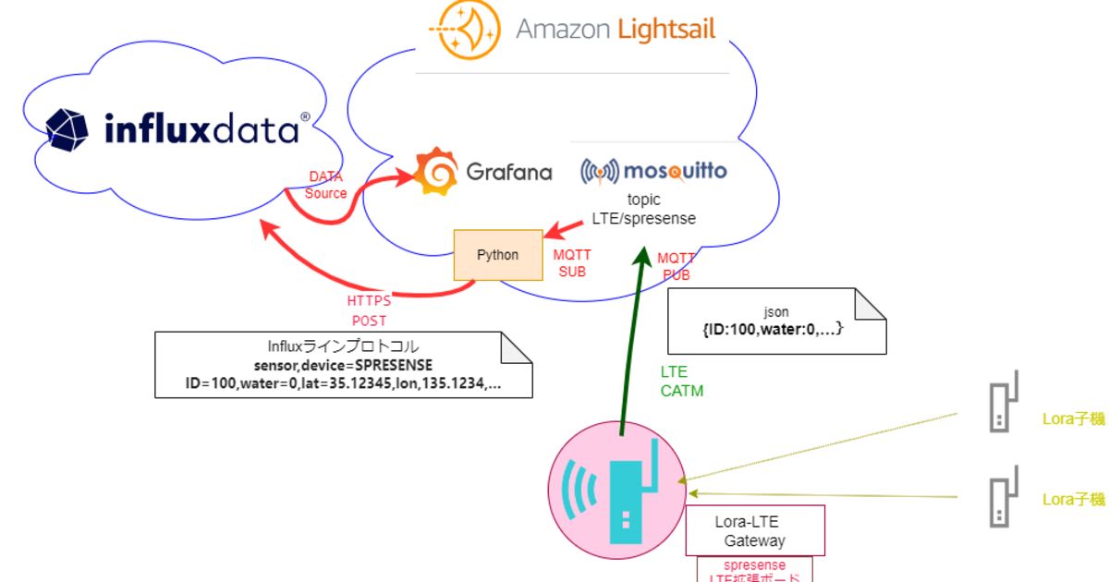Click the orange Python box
[x=498, y=255]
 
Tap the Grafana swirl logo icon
[x=434, y=172]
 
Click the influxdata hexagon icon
[x=67, y=129]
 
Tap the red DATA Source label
[x=326, y=185]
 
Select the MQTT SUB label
[x=572, y=263]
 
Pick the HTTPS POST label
[x=368, y=310]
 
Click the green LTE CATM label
[x=681, y=381]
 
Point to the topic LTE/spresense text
[x=643, y=210]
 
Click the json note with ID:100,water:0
[x=776, y=321]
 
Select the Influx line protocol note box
[x=343, y=366]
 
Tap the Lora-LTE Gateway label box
[x=754, y=531]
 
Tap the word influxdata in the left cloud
[x=201, y=130]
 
